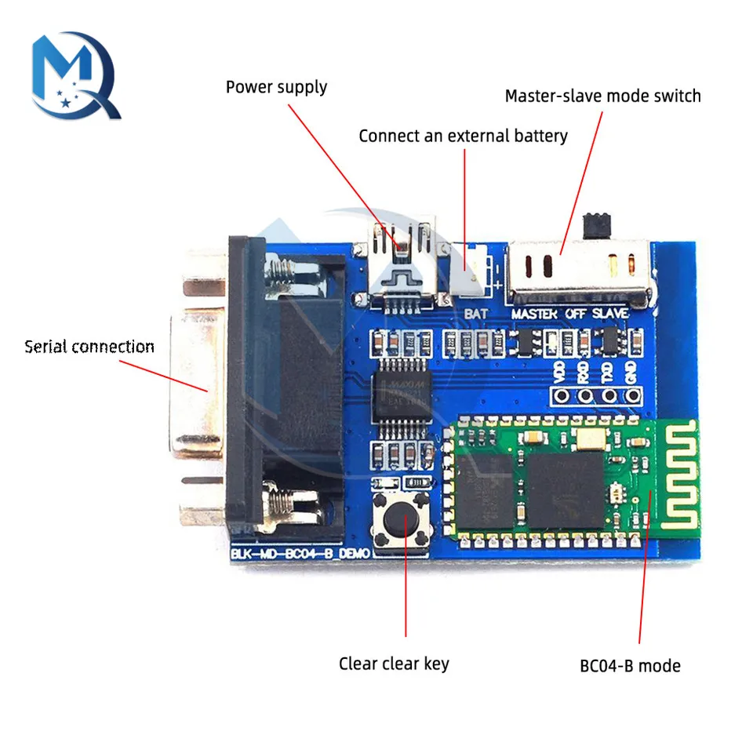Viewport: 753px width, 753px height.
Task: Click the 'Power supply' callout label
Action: pos(276,86)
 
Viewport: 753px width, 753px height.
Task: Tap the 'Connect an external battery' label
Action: pos(463,136)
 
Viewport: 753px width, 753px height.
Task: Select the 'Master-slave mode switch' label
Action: pos(602,96)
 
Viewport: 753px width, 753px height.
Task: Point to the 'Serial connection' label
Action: pos(89,346)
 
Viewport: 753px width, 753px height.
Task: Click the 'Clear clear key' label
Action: pos(394,664)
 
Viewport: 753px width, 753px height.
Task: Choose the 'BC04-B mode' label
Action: pos(630,666)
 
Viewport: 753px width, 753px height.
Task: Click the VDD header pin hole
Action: pos(559,397)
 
